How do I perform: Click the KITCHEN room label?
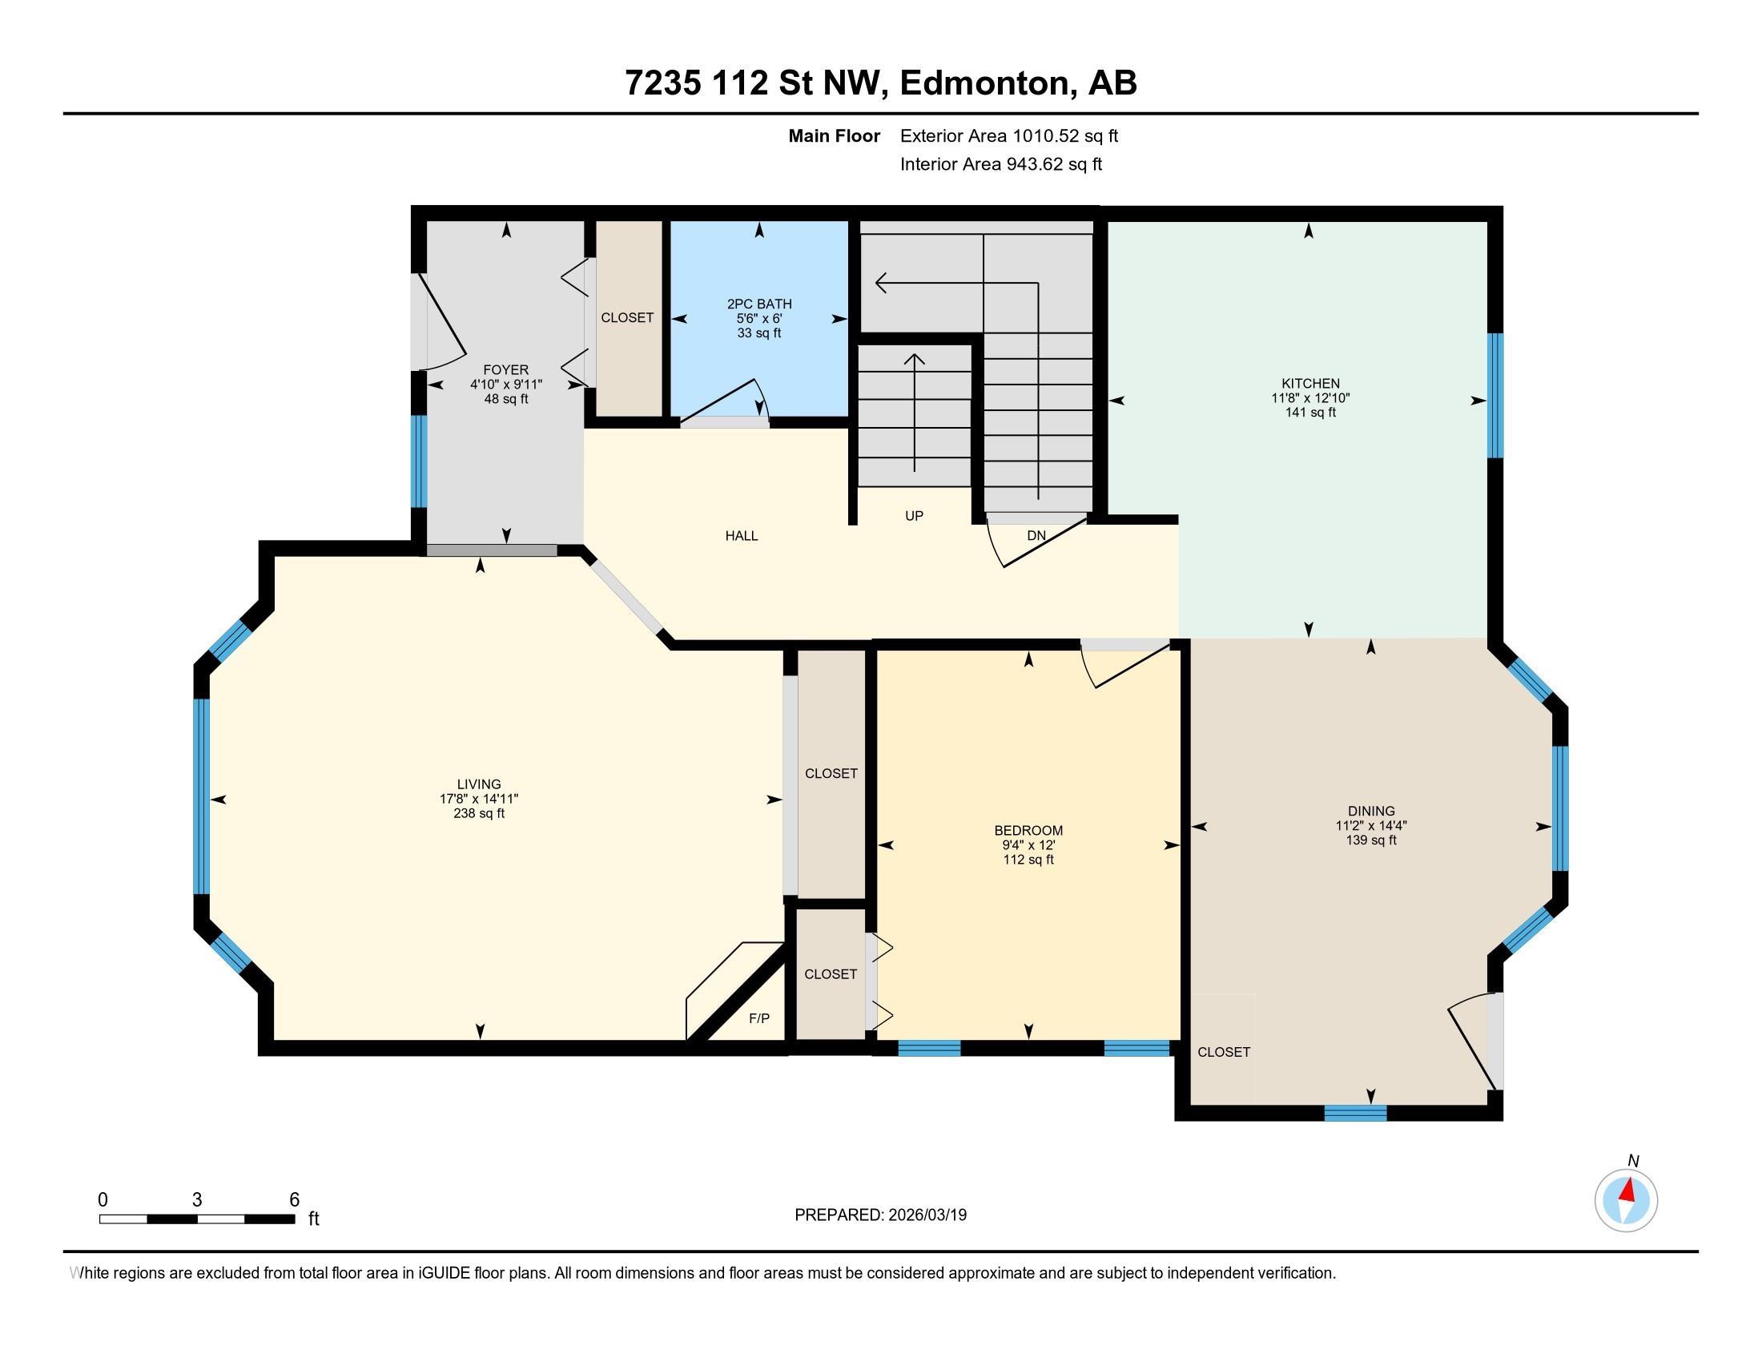(x=1310, y=383)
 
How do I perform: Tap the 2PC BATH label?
(x=759, y=304)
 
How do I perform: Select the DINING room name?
(x=1370, y=811)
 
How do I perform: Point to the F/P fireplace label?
(x=759, y=1018)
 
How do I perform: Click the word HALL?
(x=742, y=536)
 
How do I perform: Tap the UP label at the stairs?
(x=914, y=516)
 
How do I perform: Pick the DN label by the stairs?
(x=1036, y=535)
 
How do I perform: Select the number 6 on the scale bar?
(x=295, y=1200)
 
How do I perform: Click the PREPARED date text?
(x=880, y=1215)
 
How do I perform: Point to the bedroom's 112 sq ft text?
(x=1028, y=860)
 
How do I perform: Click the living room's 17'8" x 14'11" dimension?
(x=479, y=799)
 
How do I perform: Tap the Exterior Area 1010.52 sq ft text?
(x=1009, y=135)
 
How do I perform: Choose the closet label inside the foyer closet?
(x=627, y=318)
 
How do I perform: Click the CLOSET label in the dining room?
(x=1224, y=1052)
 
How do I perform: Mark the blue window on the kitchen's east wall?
(x=1495, y=395)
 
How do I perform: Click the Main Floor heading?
(x=835, y=135)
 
